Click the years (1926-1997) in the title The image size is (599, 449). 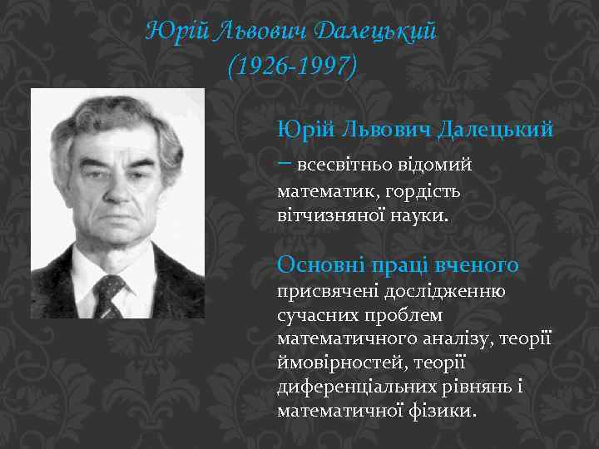point(291,66)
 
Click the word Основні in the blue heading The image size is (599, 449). point(314,264)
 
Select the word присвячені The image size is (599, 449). point(324,291)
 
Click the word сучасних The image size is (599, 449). point(310,316)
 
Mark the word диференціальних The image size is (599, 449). point(355,387)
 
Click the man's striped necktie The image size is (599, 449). point(109,295)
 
